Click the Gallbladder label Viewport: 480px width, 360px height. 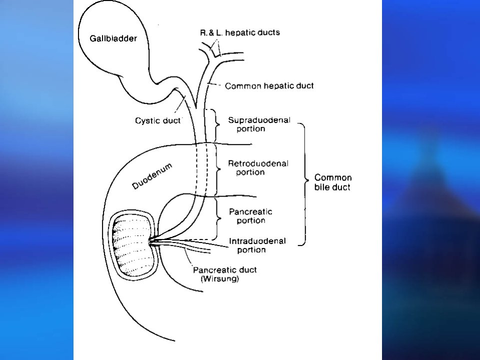coord(113,38)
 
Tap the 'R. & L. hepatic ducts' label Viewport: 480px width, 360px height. coord(240,32)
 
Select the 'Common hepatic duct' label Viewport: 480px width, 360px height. coord(269,86)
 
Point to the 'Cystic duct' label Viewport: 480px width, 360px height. coord(158,120)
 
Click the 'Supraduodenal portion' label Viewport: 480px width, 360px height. coord(259,124)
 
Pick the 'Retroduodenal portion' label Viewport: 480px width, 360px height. coord(258,168)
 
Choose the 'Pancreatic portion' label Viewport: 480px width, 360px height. coord(250,216)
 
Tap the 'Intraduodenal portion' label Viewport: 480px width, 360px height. coord(257,245)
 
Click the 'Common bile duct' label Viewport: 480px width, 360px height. coord(333,182)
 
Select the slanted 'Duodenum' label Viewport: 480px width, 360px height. coord(152,176)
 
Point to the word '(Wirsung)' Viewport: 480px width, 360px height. coord(220,278)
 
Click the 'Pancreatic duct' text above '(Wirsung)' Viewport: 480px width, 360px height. coord(224,270)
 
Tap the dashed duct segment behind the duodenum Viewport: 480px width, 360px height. coord(201,169)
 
